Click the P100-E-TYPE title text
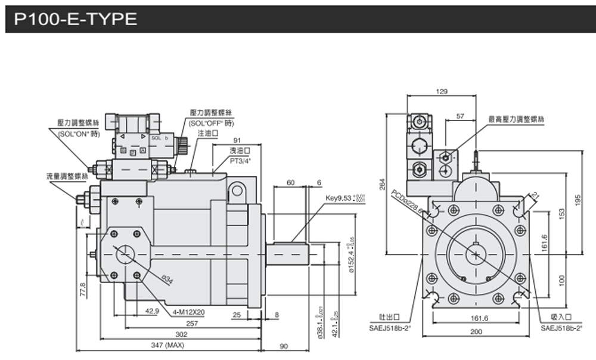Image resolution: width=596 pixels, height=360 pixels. pos(76,19)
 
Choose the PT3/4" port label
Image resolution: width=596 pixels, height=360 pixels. pos(241,160)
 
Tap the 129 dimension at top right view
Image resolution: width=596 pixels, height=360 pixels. pos(442,92)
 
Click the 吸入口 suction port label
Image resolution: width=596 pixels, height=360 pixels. pos(561,318)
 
